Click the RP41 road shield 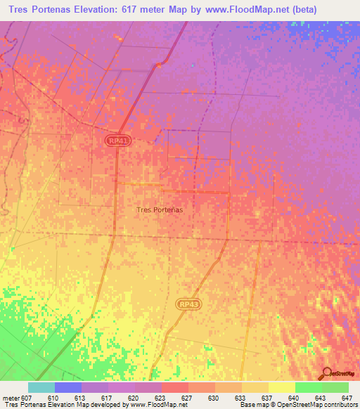(118, 141)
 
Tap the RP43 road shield (188, 303)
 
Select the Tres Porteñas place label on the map (159, 209)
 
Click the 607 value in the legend (27, 397)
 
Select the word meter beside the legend (9, 397)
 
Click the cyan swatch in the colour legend (41, 387)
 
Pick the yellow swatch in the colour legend (281, 387)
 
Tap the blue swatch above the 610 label (68, 387)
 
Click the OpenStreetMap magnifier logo (326, 372)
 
